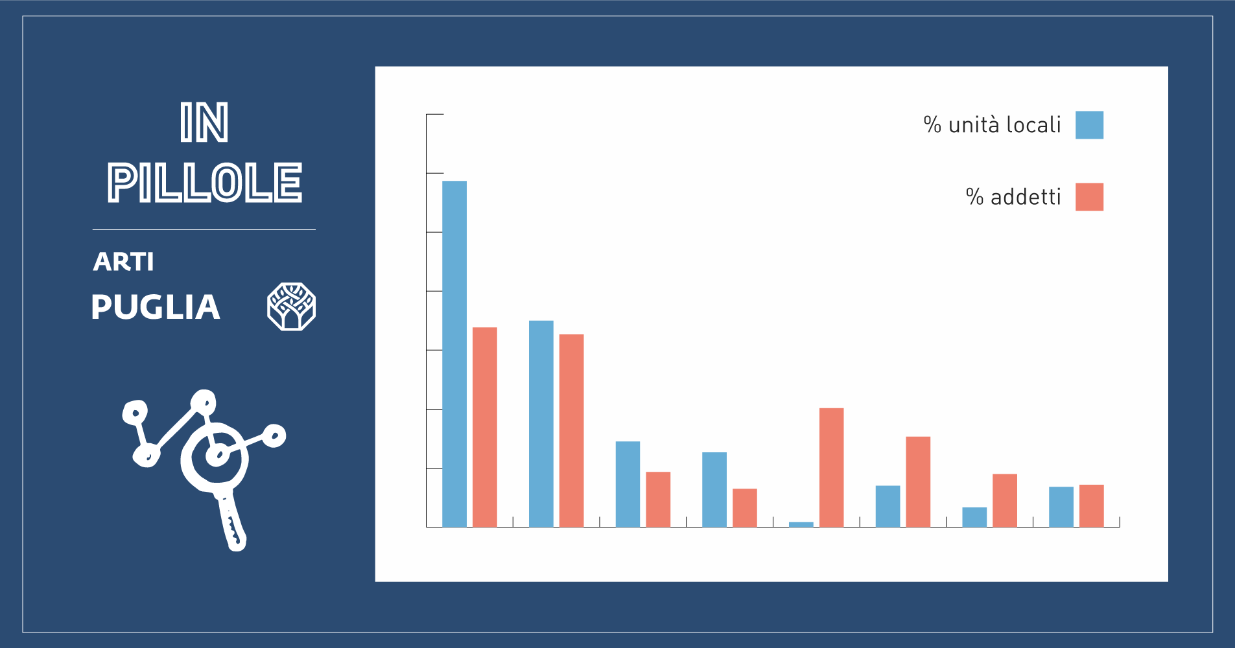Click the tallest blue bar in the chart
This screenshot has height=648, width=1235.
(x=454, y=354)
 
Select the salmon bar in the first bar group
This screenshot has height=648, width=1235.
(x=485, y=427)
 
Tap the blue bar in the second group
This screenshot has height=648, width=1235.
(x=541, y=424)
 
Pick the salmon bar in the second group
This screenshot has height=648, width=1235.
(x=572, y=431)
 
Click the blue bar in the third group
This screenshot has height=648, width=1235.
(x=628, y=484)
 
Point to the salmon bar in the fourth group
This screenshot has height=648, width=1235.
(x=745, y=508)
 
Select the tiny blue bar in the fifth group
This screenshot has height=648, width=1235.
(x=801, y=524)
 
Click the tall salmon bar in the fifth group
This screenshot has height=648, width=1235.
(x=832, y=467)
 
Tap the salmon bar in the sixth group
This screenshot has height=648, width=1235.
(x=918, y=481)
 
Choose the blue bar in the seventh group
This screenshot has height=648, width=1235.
(x=974, y=517)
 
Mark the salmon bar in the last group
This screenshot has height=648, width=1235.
(x=1092, y=505)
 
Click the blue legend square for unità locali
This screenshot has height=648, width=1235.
(x=1089, y=125)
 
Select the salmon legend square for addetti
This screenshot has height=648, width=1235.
(x=1089, y=197)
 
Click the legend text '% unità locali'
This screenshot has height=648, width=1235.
(x=992, y=124)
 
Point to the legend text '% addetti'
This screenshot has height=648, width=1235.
(x=1013, y=196)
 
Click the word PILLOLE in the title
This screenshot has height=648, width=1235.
(x=205, y=183)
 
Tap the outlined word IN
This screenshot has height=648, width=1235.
(x=204, y=122)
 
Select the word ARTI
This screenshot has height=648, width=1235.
(x=123, y=262)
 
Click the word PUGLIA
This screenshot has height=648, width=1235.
(x=156, y=307)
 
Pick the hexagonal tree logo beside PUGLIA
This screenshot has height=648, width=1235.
(x=291, y=307)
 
